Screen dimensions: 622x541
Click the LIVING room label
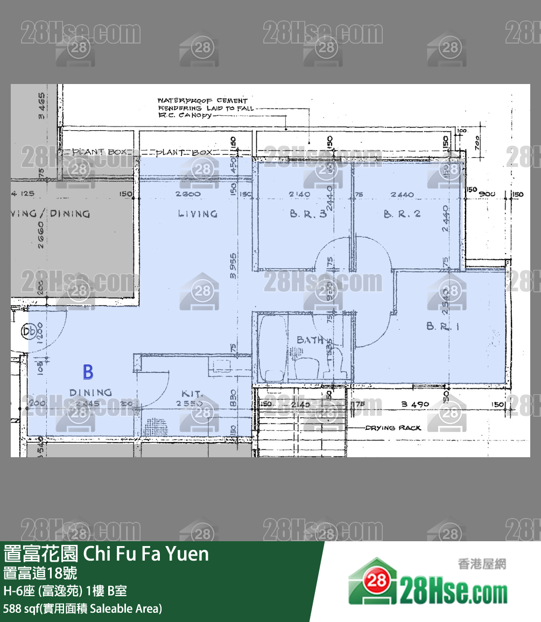click(198, 214)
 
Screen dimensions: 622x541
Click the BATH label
click(311, 340)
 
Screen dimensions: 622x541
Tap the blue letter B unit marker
click(88, 372)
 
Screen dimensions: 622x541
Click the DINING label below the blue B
click(90, 393)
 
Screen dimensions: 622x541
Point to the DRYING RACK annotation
click(393, 428)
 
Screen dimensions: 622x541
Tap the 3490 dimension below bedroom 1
click(414, 404)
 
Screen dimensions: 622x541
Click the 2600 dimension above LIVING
click(188, 194)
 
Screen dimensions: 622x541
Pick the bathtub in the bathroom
click(272, 348)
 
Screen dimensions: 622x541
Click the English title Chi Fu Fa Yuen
click(146, 554)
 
